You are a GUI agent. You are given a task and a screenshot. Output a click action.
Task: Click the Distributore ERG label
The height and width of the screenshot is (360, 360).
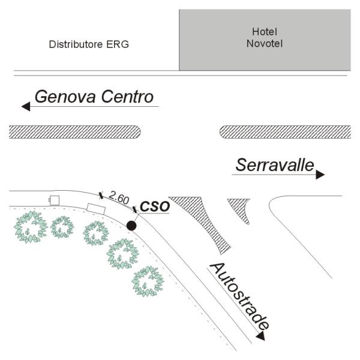point(89,44)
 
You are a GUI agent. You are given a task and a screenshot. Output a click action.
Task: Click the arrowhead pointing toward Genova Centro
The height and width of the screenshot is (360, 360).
point(26,107)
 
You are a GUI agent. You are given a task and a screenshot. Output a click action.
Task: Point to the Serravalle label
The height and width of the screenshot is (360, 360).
point(275,165)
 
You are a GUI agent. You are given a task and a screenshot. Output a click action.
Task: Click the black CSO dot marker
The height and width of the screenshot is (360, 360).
point(131,226)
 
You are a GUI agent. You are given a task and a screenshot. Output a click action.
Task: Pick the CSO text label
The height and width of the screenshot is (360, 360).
point(155,206)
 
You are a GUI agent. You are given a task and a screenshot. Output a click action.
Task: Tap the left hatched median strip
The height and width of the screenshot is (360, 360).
point(75,131)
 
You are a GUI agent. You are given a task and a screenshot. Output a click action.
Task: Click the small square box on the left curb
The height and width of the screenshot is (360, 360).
point(55,200)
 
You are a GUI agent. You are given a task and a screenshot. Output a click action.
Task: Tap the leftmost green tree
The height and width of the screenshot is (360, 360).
point(30,227)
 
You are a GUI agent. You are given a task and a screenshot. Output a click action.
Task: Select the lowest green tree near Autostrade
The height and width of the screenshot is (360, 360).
point(148,281)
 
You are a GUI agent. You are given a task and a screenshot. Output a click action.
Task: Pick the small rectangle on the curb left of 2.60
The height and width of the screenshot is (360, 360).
point(96,208)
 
